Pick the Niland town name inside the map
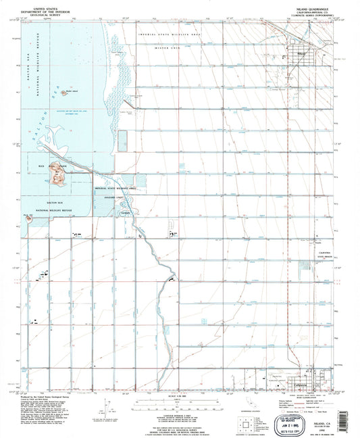302,49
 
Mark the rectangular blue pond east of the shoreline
123,140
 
